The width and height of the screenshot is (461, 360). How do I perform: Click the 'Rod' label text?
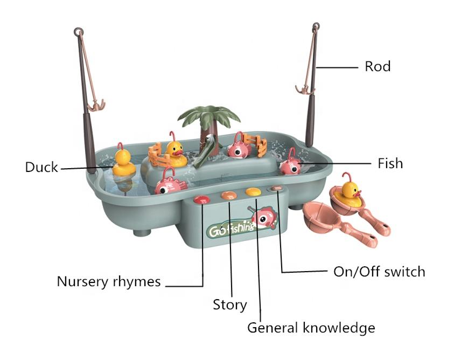[378, 67]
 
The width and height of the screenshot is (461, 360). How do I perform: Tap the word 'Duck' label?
[41, 167]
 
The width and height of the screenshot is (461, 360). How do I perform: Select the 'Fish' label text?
[390, 163]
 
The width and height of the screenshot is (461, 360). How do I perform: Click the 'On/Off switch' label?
[379, 271]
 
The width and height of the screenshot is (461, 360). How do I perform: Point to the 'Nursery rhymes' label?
[109, 281]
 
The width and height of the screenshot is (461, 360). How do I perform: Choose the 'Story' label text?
[229, 304]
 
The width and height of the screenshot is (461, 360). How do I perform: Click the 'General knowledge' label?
[311, 327]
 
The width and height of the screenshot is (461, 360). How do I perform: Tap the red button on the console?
[202, 199]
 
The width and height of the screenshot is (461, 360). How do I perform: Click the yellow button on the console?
[252, 191]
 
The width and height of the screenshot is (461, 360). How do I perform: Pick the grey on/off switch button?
[276, 189]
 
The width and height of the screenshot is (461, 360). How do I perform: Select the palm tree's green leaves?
[209, 115]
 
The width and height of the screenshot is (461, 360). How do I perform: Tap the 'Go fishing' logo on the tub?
[232, 229]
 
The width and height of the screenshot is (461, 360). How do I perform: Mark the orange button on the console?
[228, 195]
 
